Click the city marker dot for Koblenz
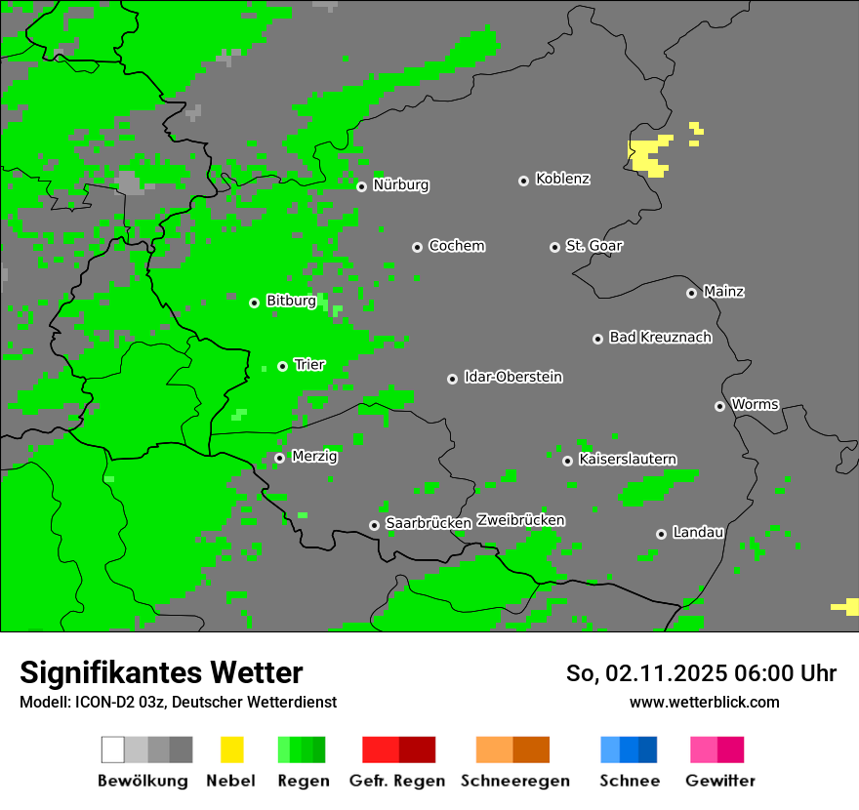coord(523,181)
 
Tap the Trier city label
coord(309,365)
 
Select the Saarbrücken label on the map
coord(429,523)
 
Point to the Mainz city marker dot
coord(691,293)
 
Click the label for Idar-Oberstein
coord(512,377)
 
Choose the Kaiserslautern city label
coord(627,459)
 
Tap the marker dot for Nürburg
coord(361,186)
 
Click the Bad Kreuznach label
coord(660,338)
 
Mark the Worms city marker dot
coord(719,406)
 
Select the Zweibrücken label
coord(520,520)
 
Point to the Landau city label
coord(698,532)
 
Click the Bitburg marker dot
coord(254,303)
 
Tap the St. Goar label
coord(593,246)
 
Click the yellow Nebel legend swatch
coord(231,749)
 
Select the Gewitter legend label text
coord(719,781)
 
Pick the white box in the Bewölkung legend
coord(113,749)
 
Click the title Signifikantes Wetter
coord(161,672)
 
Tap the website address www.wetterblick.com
coord(704,702)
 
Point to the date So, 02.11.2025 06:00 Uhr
coord(701,673)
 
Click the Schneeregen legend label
coord(514,781)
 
